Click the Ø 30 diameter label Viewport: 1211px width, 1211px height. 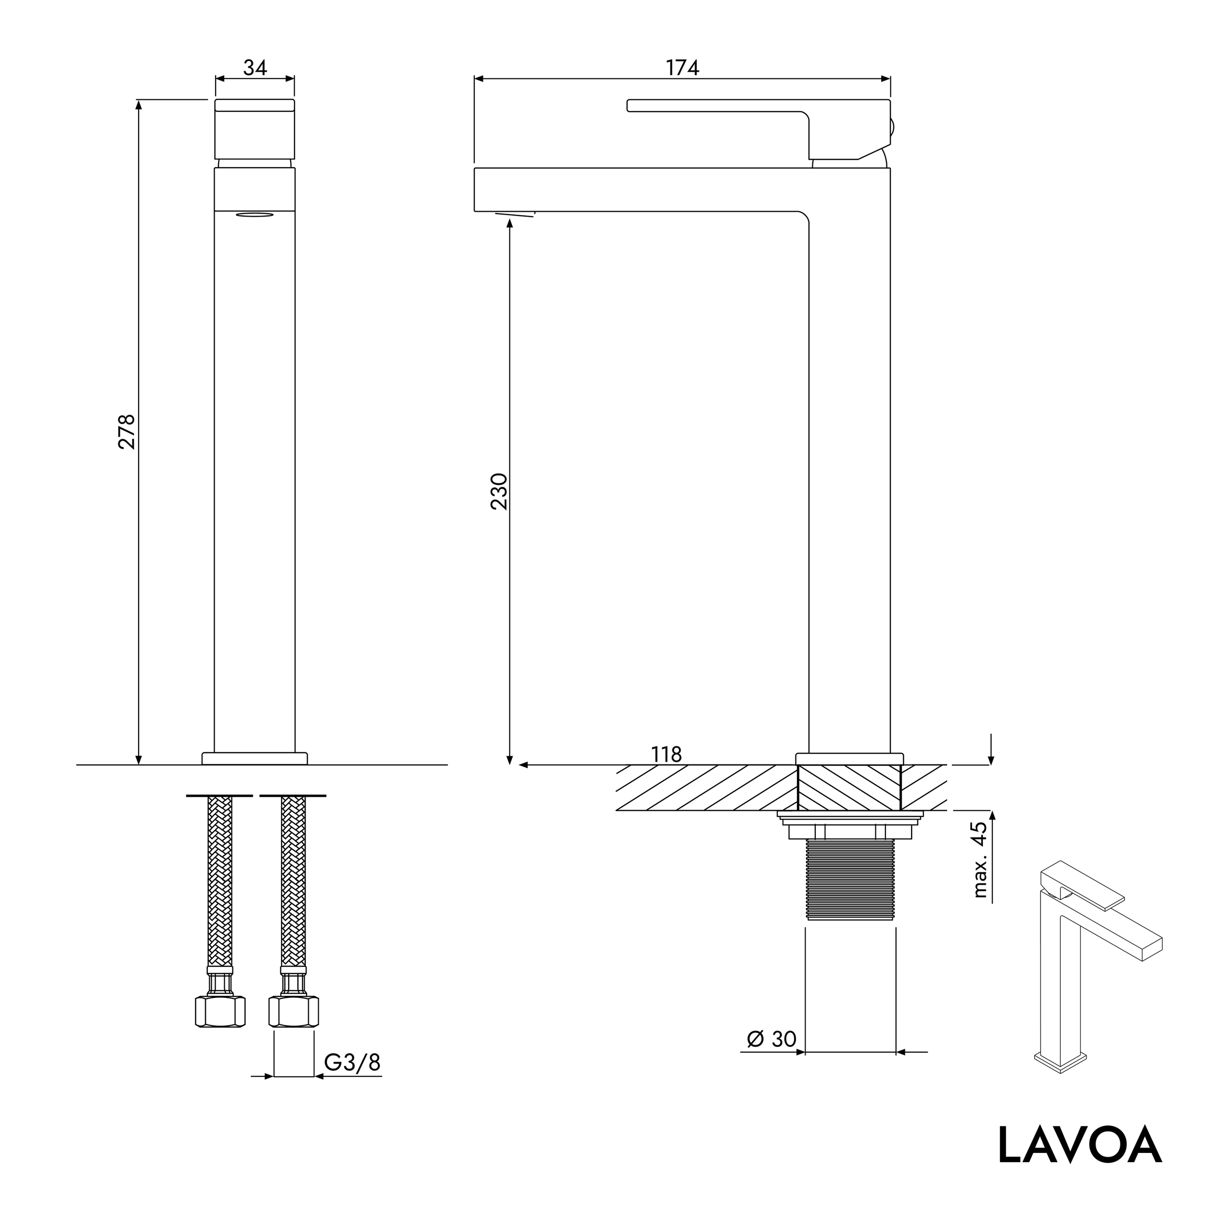[x=771, y=1039]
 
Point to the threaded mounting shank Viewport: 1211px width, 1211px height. [x=849, y=880]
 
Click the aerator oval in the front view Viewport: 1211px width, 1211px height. [x=254, y=215]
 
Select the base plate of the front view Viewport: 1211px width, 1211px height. [x=254, y=759]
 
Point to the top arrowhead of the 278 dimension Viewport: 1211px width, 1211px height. [x=139, y=104]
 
